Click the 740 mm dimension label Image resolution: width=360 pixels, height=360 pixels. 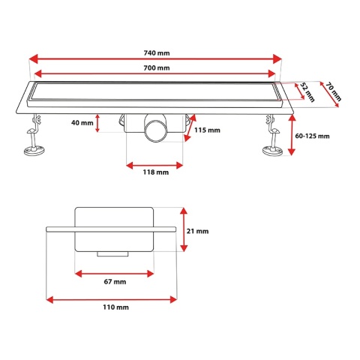tap(157, 53)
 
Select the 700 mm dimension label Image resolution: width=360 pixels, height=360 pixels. tap(157, 67)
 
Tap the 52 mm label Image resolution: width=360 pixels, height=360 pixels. tap(307, 92)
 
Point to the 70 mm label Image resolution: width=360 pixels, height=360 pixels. tap(334, 91)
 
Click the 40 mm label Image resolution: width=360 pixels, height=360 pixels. tap(82, 123)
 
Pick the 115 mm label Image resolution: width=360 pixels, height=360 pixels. tap(207, 130)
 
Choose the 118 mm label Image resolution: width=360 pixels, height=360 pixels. tap(156, 172)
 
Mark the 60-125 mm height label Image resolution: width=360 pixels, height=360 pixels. tap(312, 136)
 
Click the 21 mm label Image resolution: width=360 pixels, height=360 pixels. tap(197, 231)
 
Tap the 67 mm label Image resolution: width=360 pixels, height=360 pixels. tap(115, 282)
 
